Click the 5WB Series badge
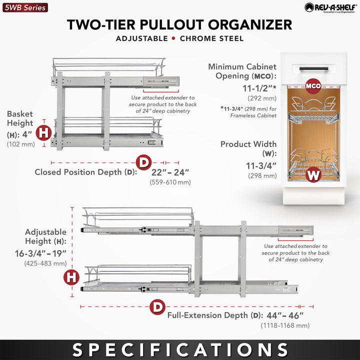(24, 7)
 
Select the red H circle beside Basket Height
(44, 132)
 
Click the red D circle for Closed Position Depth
(144, 162)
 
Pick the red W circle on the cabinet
(313, 175)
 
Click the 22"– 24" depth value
(170, 172)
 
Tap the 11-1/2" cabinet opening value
(259, 88)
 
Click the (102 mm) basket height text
(20, 144)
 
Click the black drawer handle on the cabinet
(313, 65)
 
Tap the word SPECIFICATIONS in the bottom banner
(180, 349)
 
